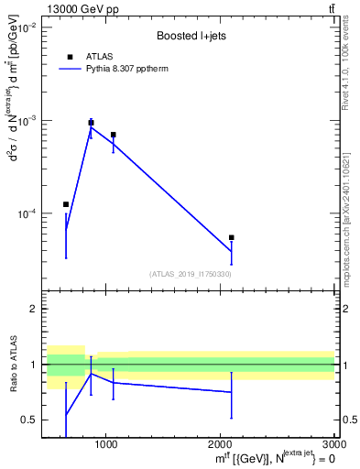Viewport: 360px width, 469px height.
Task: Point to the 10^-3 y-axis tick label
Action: [26, 121]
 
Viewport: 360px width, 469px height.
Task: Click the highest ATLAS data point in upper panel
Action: [91, 123]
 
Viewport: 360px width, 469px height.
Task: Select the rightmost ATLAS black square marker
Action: [232, 237]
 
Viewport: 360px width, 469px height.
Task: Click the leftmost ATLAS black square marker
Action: [66, 204]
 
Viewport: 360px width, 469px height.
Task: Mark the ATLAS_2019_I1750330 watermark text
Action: [190, 274]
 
